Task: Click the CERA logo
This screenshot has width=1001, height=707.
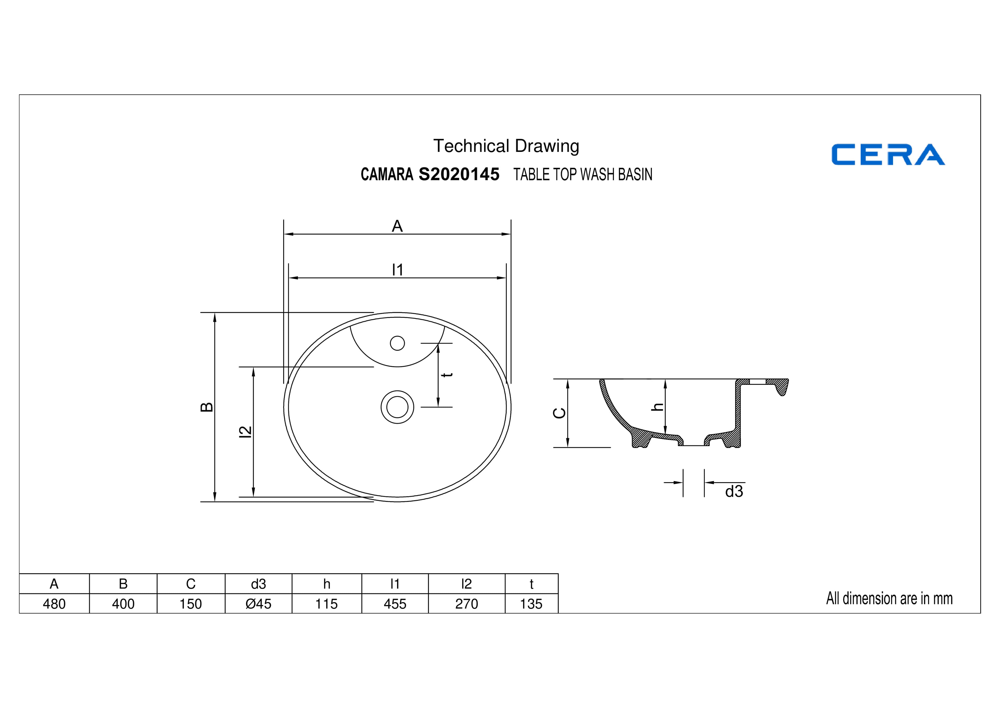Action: (888, 155)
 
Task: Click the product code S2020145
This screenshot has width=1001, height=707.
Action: (459, 174)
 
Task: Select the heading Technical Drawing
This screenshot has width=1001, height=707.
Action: (506, 146)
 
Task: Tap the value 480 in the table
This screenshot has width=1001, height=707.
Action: (54, 604)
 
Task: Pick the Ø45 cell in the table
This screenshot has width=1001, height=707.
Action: (259, 604)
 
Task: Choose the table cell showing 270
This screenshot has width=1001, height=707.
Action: (467, 604)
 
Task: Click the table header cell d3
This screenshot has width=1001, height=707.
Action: (259, 584)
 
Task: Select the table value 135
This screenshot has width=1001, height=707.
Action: (532, 604)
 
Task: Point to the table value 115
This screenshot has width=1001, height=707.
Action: (327, 604)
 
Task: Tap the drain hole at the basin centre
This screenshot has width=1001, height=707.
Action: (397, 407)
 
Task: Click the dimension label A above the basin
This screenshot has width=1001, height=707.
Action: (397, 226)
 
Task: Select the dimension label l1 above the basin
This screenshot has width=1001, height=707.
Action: (397, 270)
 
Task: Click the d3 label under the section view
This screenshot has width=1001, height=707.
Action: (734, 491)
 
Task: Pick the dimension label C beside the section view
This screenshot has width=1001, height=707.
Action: (559, 413)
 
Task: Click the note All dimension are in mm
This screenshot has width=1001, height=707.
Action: (889, 599)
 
